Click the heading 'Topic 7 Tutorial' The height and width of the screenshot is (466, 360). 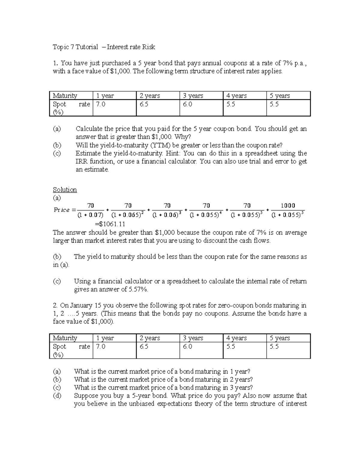point(75,47)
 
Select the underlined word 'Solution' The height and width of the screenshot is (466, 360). point(65,190)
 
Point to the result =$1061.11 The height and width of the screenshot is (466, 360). point(110,224)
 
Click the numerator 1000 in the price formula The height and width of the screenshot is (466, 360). point(288,206)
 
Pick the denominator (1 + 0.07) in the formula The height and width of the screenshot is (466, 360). point(90,215)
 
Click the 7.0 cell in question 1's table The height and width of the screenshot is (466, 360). point(101,104)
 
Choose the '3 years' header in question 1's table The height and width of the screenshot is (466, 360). point(193,96)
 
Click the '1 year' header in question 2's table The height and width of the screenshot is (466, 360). point(105,338)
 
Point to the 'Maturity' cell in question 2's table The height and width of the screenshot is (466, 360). point(65,338)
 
